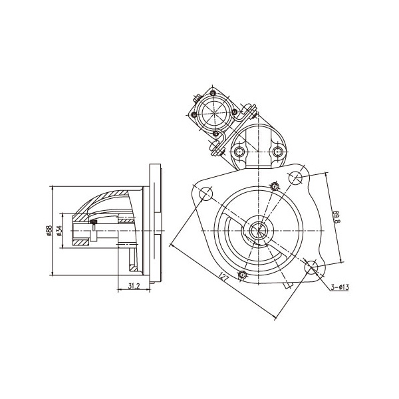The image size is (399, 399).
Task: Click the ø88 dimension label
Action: pyautogui.click(x=49, y=231)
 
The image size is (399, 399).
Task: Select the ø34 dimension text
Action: pyautogui.click(x=59, y=231)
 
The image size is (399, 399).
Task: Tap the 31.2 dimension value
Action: pyautogui.click(x=134, y=286)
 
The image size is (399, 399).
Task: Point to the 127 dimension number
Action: pyautogui.click(x=223, y=277)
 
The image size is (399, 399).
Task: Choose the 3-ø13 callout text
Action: pyautogui.click(x=340, y=287)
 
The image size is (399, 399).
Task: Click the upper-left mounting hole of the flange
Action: pyautogui.click(x=205, y=194)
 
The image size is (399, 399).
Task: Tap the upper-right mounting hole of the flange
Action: pyautogui.click(x=295, y=178)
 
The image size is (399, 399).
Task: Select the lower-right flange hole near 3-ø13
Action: pyautogui.click(x=311, y=267)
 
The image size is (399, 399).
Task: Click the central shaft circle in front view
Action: pyautogui.click(x=259, y=231)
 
